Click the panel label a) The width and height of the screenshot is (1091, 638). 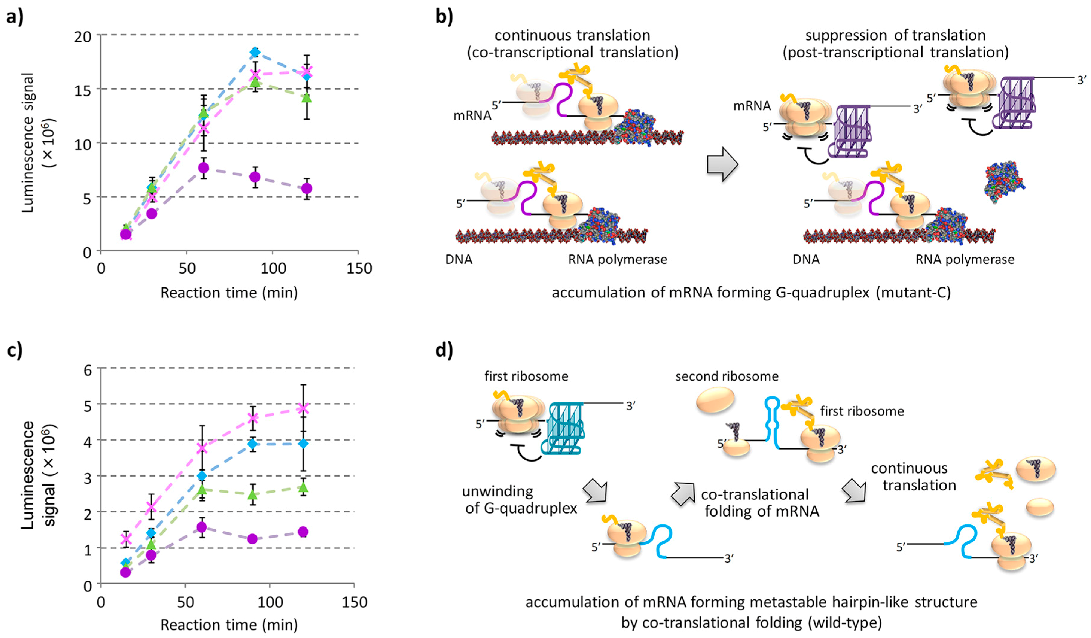(15, 17)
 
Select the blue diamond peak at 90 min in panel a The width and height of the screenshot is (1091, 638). (255, 52)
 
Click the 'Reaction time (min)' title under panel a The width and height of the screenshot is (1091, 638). (229, 293)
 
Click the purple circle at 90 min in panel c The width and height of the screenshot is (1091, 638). (252, 539)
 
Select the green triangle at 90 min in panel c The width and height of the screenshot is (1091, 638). (252, 494)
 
